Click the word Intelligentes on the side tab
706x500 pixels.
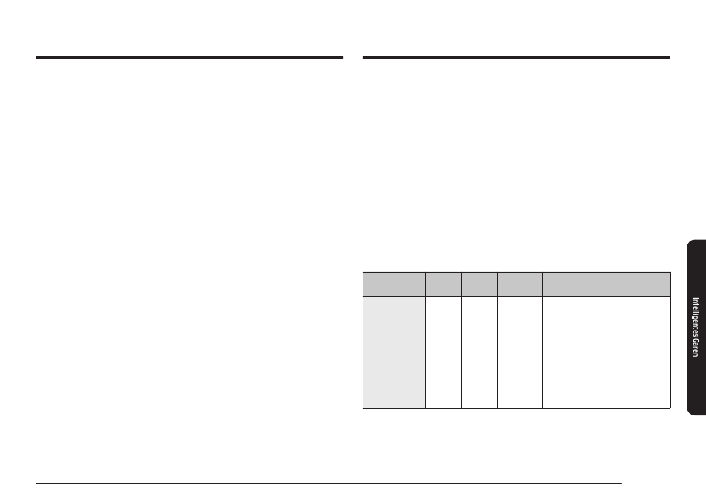point(696,316)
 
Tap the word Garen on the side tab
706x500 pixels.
point(696,348)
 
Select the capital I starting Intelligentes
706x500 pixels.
point(696,299)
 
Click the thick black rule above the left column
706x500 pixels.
point(190,57)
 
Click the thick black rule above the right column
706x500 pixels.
point(516,57)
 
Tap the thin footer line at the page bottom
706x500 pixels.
point(328,483)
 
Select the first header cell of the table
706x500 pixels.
point(394,285)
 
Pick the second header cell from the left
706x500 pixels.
point(443,285)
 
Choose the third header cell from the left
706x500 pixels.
point(479,285)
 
